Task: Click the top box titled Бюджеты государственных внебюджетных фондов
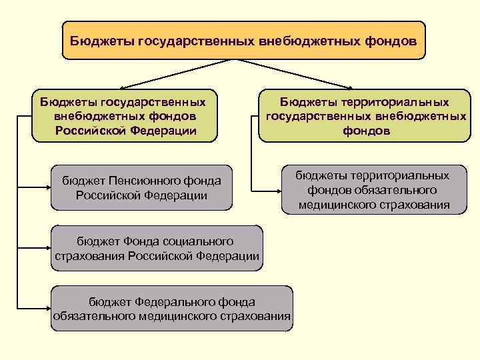[243, 40]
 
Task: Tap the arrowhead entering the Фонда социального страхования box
[47, 247]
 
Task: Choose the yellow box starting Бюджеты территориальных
[364, 116]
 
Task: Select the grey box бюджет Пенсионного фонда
[141, 187]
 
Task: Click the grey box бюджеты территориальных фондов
[373, 190]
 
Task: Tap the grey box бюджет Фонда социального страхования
[156, 248]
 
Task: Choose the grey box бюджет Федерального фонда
[172, 309]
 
